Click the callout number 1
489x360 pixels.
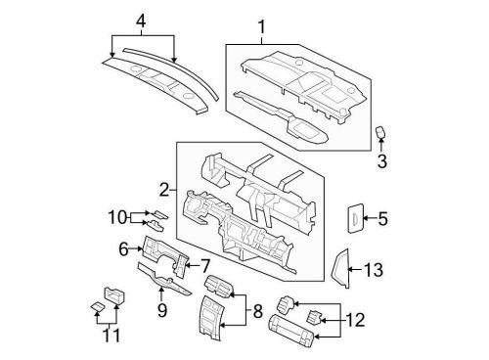260,25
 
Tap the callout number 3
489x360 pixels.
383,161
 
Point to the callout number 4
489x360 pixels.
141,21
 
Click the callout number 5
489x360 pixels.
383,220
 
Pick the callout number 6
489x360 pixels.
124,248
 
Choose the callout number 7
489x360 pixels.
205,264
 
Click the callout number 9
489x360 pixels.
162,310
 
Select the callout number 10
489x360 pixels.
116,217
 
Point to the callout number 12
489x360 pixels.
355,318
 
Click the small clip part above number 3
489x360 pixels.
382,133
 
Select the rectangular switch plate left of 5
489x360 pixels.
351,220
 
